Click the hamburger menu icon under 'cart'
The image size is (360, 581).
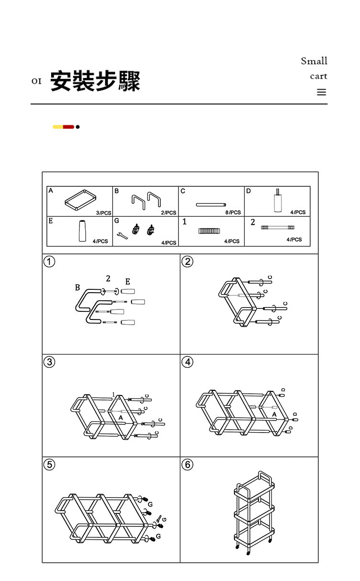321,92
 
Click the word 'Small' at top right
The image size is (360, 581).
314,61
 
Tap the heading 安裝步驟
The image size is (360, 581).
95,80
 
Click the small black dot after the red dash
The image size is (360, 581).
78,127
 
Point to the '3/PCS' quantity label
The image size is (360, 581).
103,212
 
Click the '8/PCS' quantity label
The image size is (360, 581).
233,212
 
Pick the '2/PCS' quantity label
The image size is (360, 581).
169,212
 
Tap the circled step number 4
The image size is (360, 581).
188,362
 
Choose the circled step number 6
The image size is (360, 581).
188,465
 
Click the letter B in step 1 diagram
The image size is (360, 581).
78,288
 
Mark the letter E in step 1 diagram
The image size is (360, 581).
127,281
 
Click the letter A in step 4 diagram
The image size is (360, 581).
274,414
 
